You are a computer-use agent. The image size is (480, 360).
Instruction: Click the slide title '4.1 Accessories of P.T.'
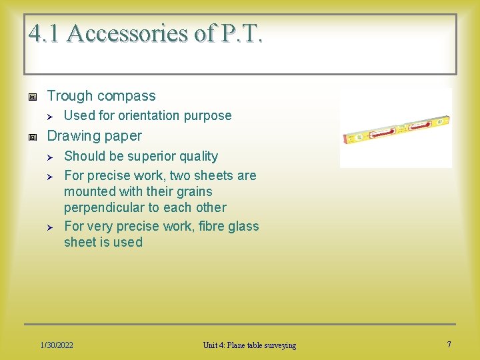click(x=145, y=33)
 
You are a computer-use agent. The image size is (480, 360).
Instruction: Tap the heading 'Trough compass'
click(x=101, y=96)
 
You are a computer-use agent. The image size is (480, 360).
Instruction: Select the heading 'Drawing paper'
click(x=94, y=136)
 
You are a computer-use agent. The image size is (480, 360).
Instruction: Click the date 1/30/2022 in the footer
click(x=57, y=345)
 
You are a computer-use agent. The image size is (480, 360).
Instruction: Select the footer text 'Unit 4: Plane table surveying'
click(x=249, y=345)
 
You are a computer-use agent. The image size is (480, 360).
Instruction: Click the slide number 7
click(x=449, y=345)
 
